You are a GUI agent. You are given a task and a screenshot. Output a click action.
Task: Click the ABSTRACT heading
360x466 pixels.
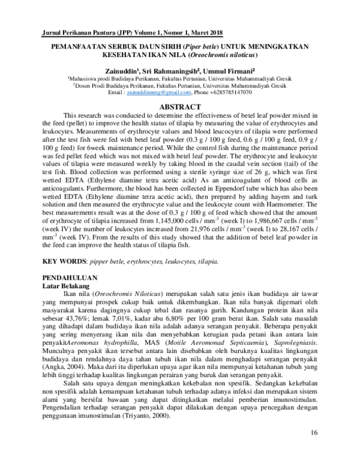(x=180, y=106)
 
